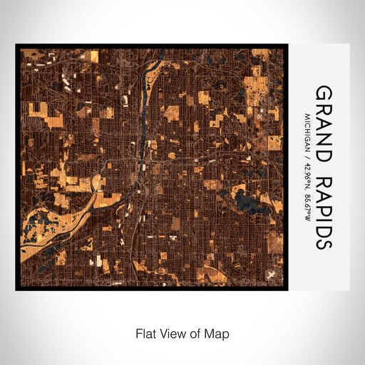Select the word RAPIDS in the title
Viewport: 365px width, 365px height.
coord(323,211)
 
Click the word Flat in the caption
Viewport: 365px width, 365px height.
coord(145,333)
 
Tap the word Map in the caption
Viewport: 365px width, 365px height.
coord(218,333)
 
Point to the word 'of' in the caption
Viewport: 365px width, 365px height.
coord(196,333)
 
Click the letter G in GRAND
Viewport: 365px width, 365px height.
coord(323,93)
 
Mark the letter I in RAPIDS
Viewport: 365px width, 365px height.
coord(323,219)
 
